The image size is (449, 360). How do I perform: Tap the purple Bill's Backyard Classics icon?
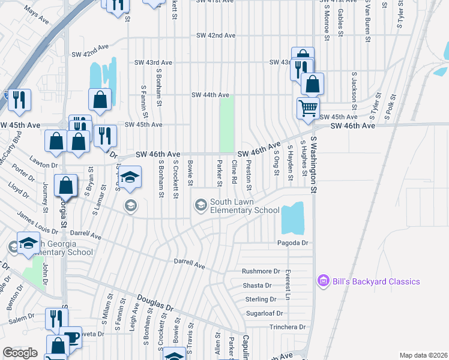(x=324, y=281)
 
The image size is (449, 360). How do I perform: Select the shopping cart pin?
(x=308, y=108)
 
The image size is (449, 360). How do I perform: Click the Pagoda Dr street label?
(x=292, y=243)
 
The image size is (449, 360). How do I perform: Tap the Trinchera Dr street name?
(x=288, y=327)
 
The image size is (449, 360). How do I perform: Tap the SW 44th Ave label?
(x=210, y=95)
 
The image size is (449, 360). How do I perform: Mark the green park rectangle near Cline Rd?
(x=226, y=125)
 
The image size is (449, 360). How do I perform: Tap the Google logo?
(x=20, y=353)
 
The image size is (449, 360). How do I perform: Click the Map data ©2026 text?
(x=423, y=355)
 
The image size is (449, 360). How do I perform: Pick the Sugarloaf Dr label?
(x=264, y=313)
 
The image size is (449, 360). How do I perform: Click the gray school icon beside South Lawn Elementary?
(x=200, y=206)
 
